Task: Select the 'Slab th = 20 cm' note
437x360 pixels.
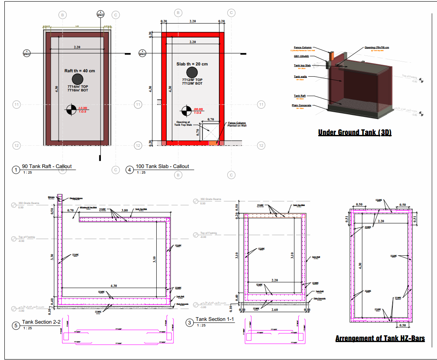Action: click(x=192, y=64)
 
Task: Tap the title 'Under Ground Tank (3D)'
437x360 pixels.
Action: click(x=354, y=133)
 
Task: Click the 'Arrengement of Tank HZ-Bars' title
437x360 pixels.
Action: click(x=380, y=338)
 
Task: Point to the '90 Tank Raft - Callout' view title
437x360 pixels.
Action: click(x=47, y=166)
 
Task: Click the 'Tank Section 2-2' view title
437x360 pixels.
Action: click(x=41, y=322)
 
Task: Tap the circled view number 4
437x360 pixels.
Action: click(x=130, y=170)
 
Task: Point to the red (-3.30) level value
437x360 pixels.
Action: click(x=83, y=108)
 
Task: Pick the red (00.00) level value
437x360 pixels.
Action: click(x=198, y=109)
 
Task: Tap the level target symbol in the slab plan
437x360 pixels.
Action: click(x=186, y=111)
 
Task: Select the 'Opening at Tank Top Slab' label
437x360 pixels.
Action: click(x=183, y=124)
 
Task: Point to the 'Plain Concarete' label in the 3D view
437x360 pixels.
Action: click(x=301, y=105)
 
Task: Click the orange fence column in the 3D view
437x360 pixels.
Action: click(x=331, y=57)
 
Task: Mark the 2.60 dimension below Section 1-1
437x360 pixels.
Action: click(x=275, y=310)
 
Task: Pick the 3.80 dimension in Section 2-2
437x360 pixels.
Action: click(x=124, y=210)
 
